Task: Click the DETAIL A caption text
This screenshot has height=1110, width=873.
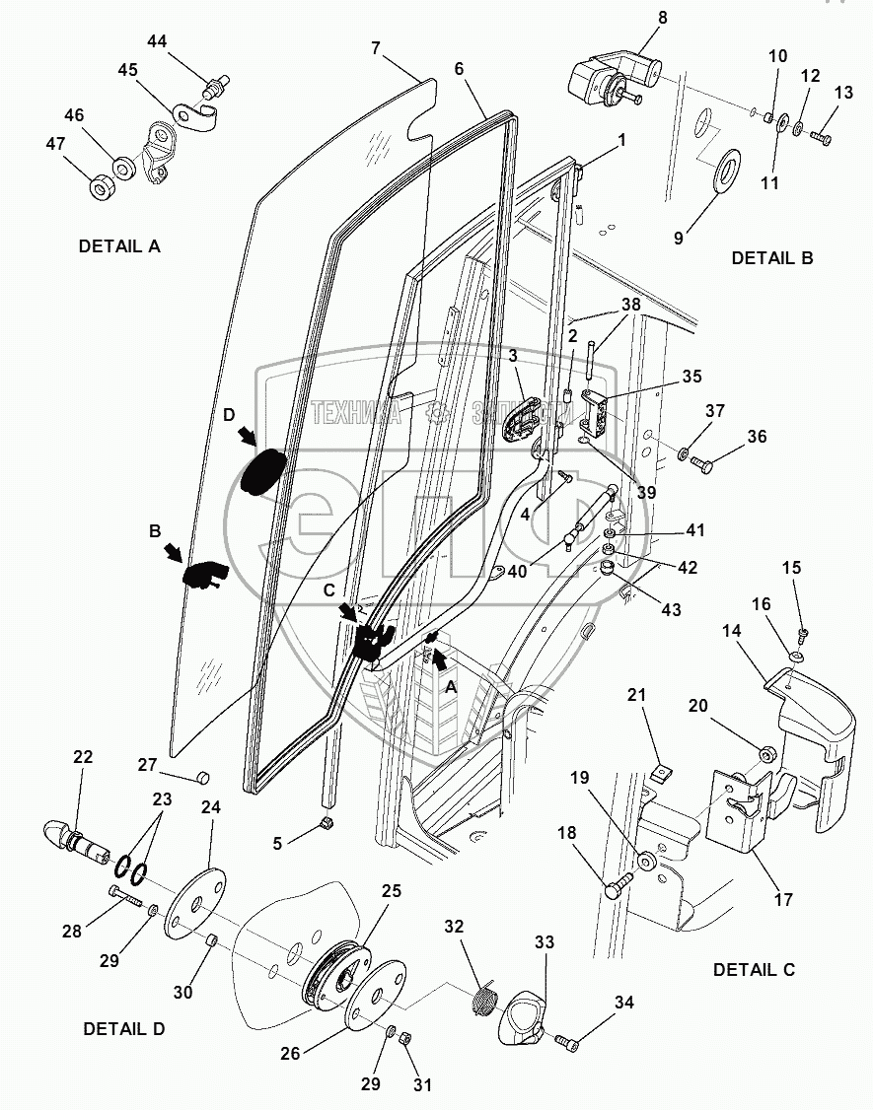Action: point(119,246)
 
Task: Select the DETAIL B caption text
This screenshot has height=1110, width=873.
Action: point(771,258)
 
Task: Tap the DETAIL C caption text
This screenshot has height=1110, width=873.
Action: point(754,970)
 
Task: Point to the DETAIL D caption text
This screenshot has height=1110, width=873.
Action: point(123,1029)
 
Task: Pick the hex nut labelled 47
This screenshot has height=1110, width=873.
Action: point(101,187)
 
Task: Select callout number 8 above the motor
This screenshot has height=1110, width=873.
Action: point(663,17)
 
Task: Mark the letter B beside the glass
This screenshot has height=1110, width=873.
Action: point(155,530)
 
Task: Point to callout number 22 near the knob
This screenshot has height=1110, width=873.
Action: point(83,757)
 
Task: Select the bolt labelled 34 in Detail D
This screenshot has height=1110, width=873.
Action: point(564,1040)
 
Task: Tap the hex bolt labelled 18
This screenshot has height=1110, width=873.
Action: point(615,889)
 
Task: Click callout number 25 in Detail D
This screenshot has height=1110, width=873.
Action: point(392,891)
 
